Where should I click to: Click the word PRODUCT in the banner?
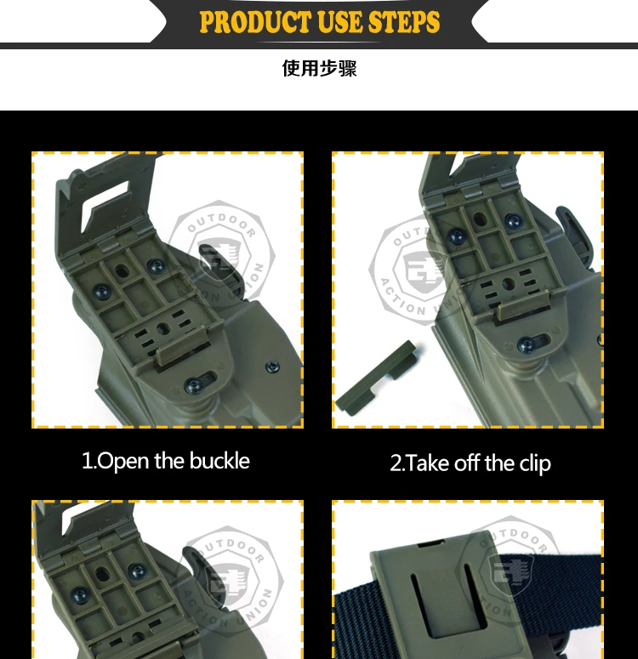click(x=253, y=22)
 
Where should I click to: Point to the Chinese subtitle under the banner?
click(x=319, y=68)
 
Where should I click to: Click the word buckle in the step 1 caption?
click(x=219, y=462)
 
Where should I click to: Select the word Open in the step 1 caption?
click(x=123, y=462)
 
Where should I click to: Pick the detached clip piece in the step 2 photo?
click(x=375, y=377)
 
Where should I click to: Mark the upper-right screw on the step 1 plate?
click(x=155, y=267)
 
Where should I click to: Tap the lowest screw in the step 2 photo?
click(x=527, y=344)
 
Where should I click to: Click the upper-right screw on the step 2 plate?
click(x=512, y=221)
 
